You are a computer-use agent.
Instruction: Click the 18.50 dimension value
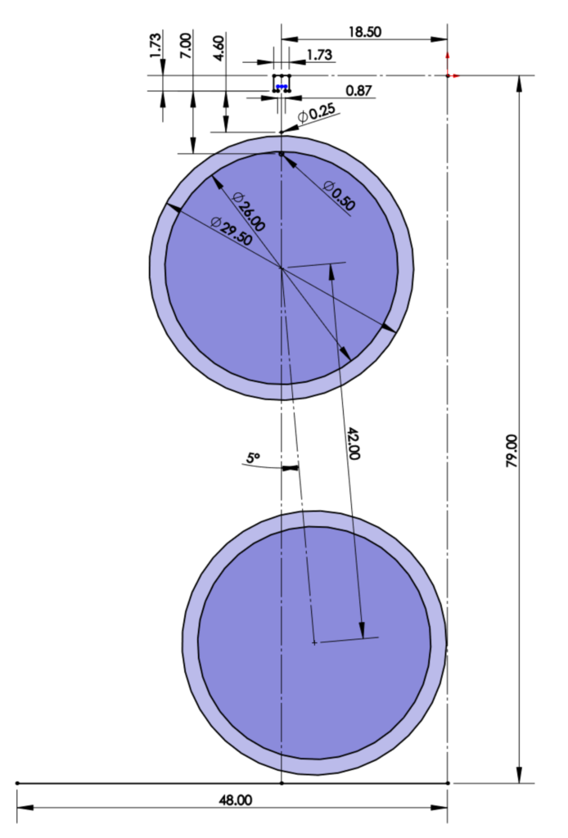(364, 32)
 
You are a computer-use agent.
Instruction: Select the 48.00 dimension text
(236, 800)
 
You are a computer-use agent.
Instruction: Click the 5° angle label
(254, 459)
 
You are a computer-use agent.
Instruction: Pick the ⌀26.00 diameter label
(249, 210)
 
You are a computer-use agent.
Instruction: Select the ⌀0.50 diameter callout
(339, 196)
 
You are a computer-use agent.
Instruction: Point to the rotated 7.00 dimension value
(187, 45)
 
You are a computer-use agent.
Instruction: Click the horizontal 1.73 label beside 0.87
(319, 55)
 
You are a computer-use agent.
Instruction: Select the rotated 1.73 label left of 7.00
(156, 44)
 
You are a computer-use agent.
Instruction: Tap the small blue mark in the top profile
(282, 85)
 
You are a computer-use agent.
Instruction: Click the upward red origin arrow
(448, 57)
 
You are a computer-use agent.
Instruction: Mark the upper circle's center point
(282, 268)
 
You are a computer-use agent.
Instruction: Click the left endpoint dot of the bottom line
(17, 783)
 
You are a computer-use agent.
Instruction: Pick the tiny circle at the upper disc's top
(282, 154)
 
